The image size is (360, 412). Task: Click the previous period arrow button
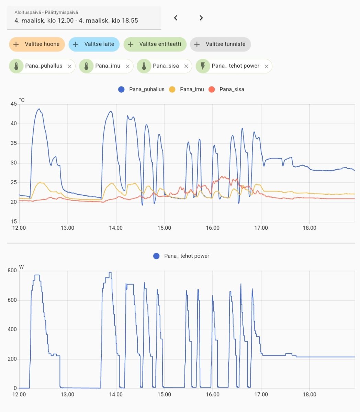[x=176, y=18]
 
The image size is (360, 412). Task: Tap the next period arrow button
[x=201, y=18]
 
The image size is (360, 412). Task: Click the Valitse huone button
[x=37, y=44]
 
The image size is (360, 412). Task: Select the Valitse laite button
[x=94, y=44]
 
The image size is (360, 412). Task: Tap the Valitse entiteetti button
[x=155, y=44]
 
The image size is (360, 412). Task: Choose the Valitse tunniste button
[x=220, y=44]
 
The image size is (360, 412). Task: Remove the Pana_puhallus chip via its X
[x=69, y=66]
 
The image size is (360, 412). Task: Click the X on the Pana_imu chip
[x=127, y=66]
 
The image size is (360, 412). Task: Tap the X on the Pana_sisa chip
[x=186, y=66]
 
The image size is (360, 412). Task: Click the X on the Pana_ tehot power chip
[x=266, y=66]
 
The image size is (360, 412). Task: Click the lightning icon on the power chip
[x=203, y=66]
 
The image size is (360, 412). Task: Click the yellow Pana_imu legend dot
[x=172, y=89]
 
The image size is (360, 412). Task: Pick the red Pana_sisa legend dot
[x=212, y=89]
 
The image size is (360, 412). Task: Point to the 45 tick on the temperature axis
[x=13, y=104]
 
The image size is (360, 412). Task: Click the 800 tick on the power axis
[x=12, y=271]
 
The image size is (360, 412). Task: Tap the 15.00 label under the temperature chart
[x=164, y=228]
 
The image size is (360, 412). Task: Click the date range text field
[x=84, y=18]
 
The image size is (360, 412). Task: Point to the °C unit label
[x=22, y=100]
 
